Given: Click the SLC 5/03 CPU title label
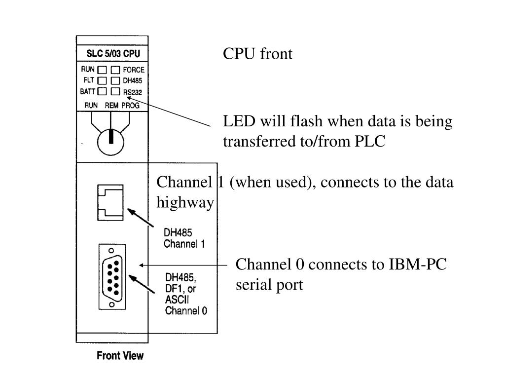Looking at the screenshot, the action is [113, 53].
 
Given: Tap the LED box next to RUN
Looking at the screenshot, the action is [102, 70].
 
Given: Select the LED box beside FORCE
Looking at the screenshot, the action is [115, 70].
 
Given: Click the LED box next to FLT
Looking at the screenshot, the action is [102, 80].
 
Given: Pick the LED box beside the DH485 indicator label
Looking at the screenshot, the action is [115, 80].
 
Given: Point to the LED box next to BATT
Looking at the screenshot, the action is [102, 91].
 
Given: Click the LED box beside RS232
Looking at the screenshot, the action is [115, 91].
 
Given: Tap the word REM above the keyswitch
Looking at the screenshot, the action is [111, 106].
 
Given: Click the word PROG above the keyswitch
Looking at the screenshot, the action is [130, 106].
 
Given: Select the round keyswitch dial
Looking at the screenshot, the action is [111, 142].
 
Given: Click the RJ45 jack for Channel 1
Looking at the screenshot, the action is [110, 203].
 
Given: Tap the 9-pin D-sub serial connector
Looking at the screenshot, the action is [112, 277].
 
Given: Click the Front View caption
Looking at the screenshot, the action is [120, 355].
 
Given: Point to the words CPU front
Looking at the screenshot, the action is [257, 53].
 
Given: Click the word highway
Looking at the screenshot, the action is [185, 203].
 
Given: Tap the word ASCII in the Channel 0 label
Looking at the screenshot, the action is [177, 300].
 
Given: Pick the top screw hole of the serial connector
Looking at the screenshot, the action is [111, 251].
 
